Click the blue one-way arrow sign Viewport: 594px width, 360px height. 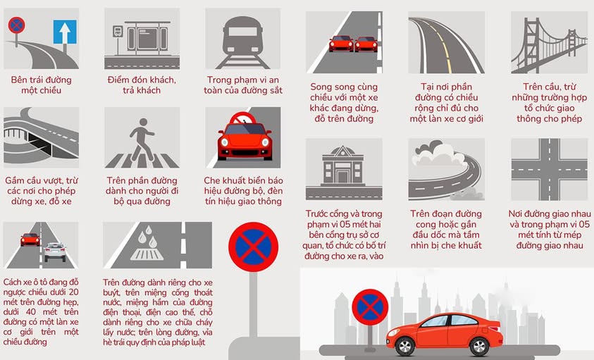(65, 32)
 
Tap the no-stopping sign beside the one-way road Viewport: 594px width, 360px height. (16, 25)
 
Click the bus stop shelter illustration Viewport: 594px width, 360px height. (147, 37)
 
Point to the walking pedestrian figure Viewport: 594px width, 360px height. (142, 138)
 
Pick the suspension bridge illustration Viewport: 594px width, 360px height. (549, 45)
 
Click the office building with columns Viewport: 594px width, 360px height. (343, 166)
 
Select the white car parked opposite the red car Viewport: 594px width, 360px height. (55, 252)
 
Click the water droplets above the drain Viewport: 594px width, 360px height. (147, 237)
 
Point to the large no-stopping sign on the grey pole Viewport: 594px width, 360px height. (253, 247)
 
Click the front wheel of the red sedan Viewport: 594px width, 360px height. (404, 347)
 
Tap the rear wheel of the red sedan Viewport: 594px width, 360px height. (479, 347)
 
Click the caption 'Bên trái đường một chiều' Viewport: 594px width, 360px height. (41, 85)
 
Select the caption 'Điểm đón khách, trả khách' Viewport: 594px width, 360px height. (142, 85)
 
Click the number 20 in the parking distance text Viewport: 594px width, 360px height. (73, 292)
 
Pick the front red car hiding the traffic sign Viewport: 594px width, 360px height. (245, 139)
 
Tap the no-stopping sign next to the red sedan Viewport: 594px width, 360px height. (370, 307)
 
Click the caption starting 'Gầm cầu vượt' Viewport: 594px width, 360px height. (41, 191)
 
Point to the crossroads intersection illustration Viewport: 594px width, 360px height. (549, 169)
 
